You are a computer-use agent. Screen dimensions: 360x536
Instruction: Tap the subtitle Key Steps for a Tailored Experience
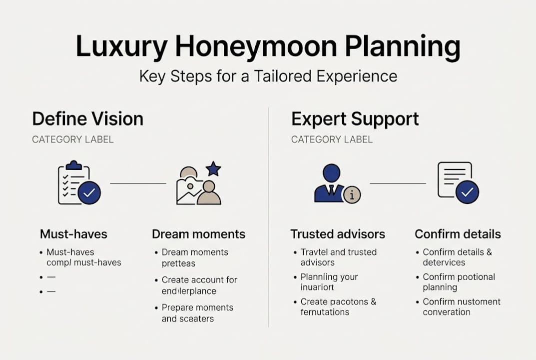tap(268, 76)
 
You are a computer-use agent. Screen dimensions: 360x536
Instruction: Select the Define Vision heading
tap(87, 119)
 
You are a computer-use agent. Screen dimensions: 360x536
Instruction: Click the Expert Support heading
tap(355, 119)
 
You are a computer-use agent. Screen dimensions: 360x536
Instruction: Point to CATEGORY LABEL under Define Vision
tap(72, 139)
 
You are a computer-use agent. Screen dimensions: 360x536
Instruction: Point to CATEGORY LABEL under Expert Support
tap(332, 139)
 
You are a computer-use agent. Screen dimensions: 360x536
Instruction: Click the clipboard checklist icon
tap(74, 183)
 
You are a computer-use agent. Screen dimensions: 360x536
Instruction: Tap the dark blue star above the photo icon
tap(213, 168)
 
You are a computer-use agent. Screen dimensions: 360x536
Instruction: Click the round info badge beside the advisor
tap(352, 195)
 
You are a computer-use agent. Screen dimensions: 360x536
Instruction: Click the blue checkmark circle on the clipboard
tap(89, 193)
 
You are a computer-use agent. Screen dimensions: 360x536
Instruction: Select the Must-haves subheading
tap(73, 234)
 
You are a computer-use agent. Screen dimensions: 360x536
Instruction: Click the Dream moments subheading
tap(198, 234)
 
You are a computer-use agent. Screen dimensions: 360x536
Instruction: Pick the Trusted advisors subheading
tap(338, 234)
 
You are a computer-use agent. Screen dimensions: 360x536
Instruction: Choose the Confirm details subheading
tap(458, 234)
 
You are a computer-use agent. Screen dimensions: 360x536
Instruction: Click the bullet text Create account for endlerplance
tap(199, 285)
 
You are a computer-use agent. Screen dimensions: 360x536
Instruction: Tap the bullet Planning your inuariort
tap(329, 282)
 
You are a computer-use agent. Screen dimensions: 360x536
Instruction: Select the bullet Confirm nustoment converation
tap(461, 306)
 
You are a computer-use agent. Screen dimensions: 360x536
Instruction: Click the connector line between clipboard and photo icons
tap(138, 183)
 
